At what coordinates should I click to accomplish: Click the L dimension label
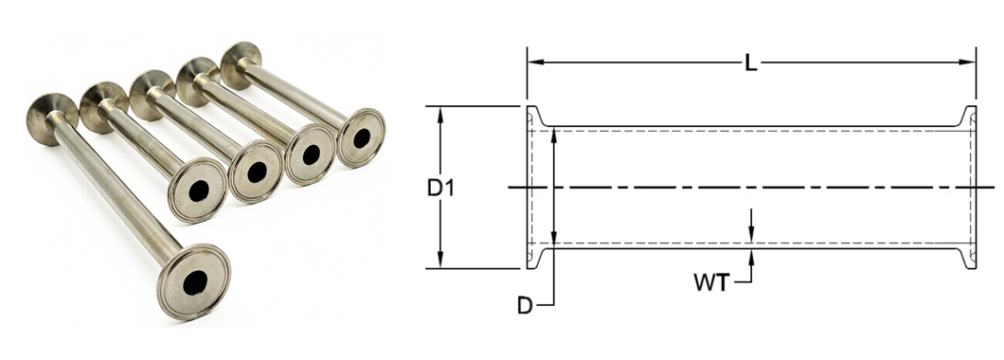[x=751, y=63]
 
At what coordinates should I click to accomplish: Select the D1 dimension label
[x=440, y=188]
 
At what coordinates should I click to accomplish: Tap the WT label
[x=711, y=282]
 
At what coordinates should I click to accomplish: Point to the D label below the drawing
[x=525, y=306]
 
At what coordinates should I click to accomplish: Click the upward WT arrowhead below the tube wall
[x=751, y=256]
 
